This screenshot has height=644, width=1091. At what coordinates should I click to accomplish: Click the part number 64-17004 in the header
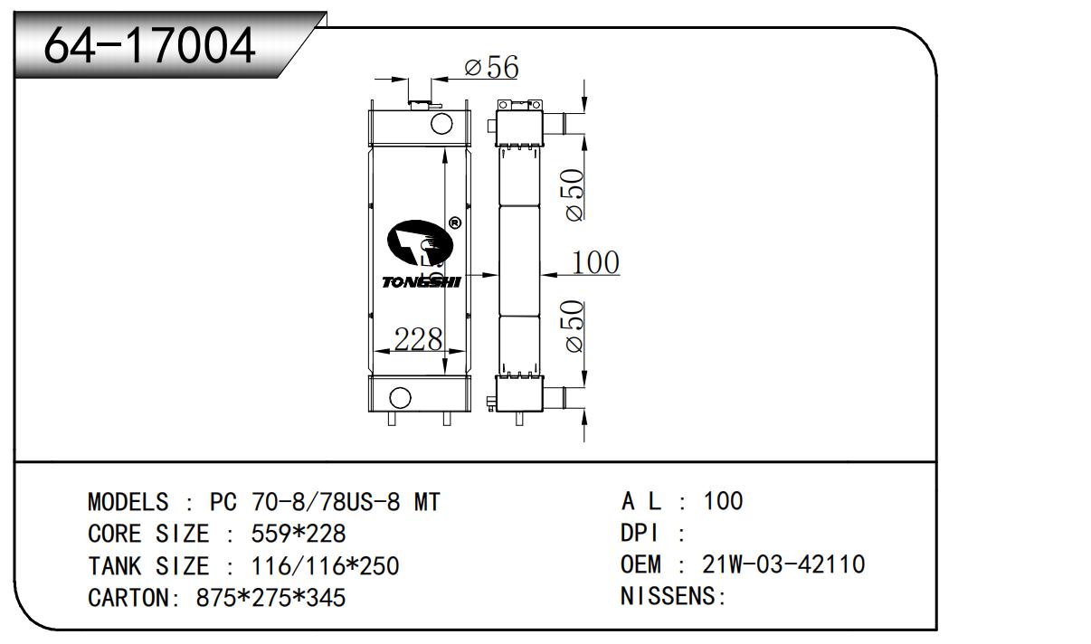pos(150,45)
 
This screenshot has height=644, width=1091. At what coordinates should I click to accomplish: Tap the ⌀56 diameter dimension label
pos(490,67)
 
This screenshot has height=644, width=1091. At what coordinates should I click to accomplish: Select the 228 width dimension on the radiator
pos(417,340)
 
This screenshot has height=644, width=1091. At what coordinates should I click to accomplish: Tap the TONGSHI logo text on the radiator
pos(421,282)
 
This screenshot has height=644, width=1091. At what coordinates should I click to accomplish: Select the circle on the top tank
pos(441,123)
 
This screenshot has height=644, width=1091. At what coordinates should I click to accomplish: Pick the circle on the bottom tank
pos(399,396)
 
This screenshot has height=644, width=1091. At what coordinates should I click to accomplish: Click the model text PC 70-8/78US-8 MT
pos(326,502)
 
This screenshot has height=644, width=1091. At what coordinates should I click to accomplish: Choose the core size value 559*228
pos(298,534)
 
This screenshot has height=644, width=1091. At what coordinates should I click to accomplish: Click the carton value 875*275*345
pos(270,598)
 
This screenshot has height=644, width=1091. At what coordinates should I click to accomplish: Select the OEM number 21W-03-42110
pos(783,565)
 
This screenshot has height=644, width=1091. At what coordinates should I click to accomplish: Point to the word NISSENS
pos(669,597)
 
